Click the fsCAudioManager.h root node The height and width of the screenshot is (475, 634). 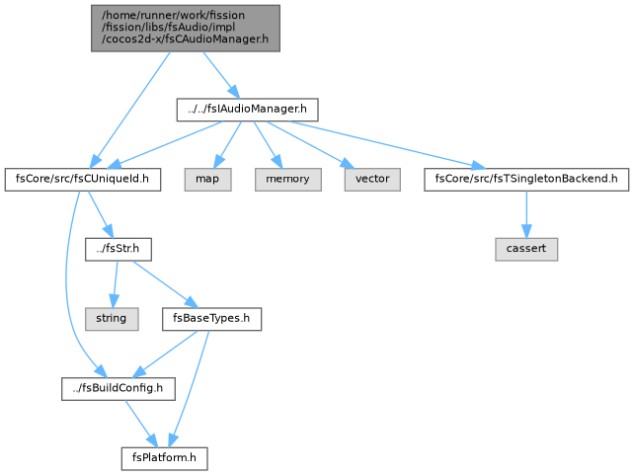point(186,29)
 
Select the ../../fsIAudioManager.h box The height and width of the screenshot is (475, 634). point(247,110)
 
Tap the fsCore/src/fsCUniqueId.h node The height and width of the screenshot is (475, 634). point(83,180)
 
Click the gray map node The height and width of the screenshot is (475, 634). point(207,180)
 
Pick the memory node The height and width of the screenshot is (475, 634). point(288,180)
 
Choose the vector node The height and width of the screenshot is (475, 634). point(372,180)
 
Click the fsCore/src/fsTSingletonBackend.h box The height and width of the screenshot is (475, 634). point(526,180)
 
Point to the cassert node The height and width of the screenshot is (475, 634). point(526,249)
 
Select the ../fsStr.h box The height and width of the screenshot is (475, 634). point(119,249)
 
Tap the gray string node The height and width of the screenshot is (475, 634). point(112,319)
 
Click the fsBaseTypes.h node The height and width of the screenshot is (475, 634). point(211,319)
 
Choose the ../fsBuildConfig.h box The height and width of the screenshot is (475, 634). point(119,389)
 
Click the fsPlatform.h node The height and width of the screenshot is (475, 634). point(164,458)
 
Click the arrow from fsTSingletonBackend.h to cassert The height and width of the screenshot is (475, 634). point(526,214)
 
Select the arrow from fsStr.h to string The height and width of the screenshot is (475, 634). point(116,284)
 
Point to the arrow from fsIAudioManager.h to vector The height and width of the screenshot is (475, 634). point(310,145)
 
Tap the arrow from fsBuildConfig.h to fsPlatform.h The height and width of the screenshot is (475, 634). point(141,424)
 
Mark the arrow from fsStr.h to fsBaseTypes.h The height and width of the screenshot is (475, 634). point(165,284)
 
